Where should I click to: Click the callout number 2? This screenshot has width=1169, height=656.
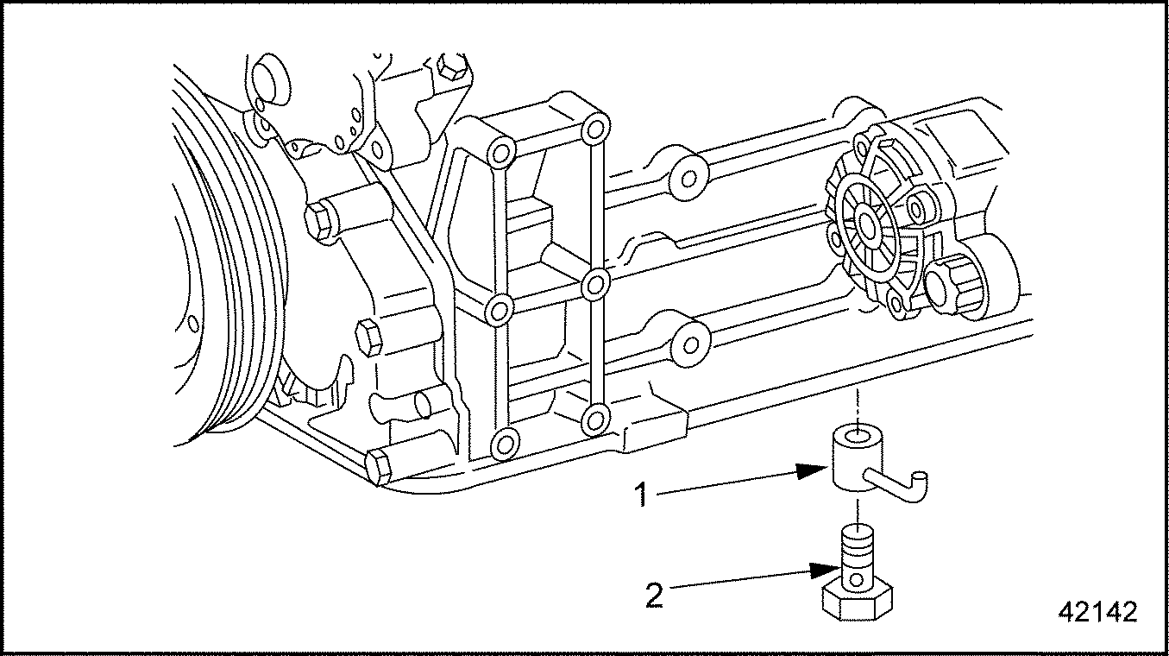tap(655, 596)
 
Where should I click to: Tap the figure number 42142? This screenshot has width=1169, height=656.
tap(1097, 612)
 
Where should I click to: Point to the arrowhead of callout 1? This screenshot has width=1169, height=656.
tap(813, 471)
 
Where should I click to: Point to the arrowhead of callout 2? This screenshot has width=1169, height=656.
tap(826, 570)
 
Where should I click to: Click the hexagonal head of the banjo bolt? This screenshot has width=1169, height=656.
tap(857, 602)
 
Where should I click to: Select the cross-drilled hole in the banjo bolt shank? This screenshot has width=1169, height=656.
tap(856, 579)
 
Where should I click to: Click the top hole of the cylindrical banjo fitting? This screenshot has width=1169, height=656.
tap(857, 434)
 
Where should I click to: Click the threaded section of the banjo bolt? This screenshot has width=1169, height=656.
tap(856, 547)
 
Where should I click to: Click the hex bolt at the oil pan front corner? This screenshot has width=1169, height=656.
tap(379, 469)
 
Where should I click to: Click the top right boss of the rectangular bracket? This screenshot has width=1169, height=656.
tap(595, 129)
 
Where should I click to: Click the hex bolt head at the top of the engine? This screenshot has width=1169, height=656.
tap(449, 68)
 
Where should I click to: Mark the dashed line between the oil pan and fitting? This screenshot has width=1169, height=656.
tap(856, 410)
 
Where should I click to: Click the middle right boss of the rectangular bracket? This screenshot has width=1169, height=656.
tap(595, 286)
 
